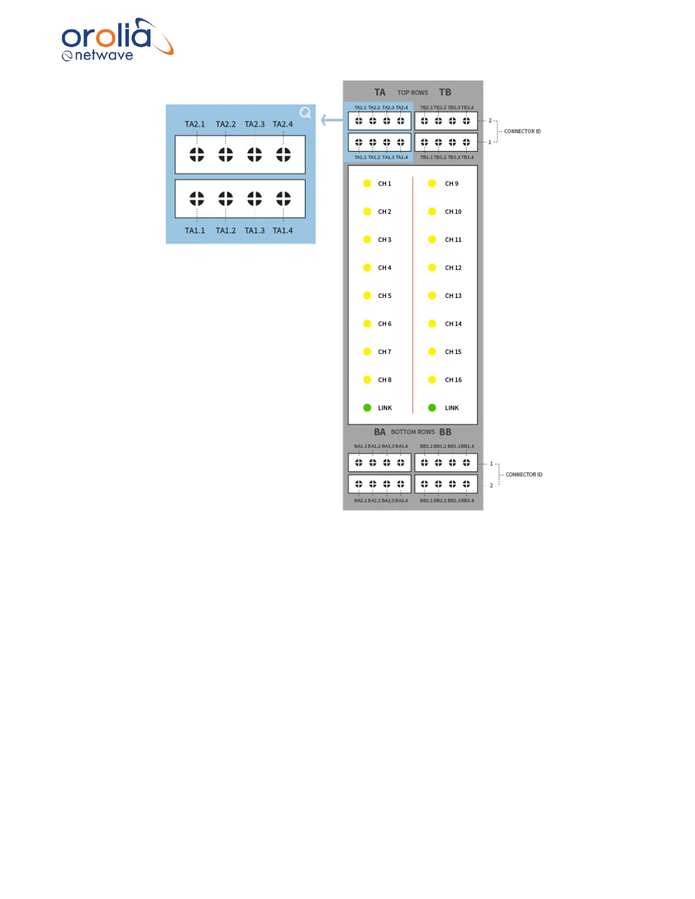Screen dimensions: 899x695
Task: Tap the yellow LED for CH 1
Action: pos(367,183)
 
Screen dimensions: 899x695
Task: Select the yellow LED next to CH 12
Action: pos(432,267)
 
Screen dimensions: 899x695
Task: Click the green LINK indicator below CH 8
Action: pos(367,408)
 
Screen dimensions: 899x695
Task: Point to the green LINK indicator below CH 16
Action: pos(432,408)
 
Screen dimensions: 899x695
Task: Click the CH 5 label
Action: pos(384,296)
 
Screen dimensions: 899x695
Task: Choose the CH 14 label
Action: pos(453,324)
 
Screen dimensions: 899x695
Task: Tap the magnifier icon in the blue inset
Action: pos(305,113)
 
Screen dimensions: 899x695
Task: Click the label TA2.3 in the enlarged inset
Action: pos(254,124)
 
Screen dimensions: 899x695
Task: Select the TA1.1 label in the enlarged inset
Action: pos(195,230)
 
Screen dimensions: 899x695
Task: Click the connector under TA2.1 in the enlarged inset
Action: pos(197,154)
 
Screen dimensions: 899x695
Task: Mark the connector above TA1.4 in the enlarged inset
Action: pos(283,199)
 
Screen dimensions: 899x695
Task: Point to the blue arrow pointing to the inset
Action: pos(332,120)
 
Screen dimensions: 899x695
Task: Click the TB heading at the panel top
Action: pos(445,92)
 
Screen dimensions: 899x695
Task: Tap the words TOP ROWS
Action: pos(413,93)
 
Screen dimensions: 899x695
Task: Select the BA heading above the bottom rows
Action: pos(380,432)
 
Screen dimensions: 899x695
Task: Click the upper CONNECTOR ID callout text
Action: pos(522,131)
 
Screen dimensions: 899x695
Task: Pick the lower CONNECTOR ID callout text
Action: pos(524,474)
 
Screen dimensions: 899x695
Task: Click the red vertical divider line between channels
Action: pos(413,295)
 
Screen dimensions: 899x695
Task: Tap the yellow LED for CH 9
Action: pos(432,183)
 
